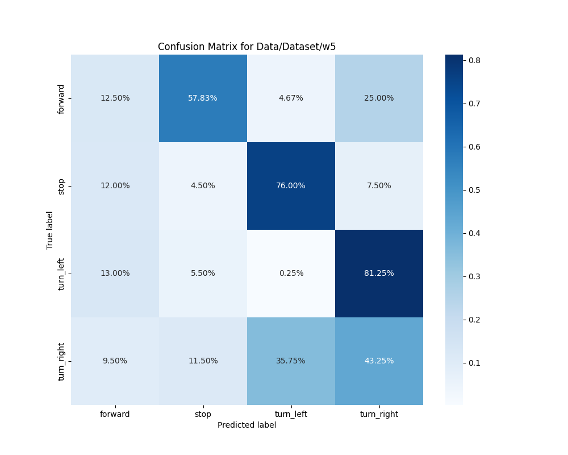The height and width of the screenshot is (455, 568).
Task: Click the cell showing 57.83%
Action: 203,98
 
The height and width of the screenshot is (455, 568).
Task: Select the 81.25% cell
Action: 379,273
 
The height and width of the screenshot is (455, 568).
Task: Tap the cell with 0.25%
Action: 291,273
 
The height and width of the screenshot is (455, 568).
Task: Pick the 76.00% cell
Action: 291,185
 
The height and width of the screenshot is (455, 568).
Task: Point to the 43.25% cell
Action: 379,361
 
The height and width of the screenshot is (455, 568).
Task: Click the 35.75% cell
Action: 291,361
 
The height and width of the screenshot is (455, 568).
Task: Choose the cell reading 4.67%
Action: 291,98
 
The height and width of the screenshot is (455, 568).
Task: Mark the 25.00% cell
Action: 379,98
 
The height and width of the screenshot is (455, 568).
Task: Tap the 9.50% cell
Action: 115,361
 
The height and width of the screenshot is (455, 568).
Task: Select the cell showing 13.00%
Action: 115,273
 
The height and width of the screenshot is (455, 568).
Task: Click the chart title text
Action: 247,47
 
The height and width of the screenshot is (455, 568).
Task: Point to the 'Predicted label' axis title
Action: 247,425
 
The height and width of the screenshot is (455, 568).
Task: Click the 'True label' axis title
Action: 50,230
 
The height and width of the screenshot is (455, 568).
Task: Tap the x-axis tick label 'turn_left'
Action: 291,414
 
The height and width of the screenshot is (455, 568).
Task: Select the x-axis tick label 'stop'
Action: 203,414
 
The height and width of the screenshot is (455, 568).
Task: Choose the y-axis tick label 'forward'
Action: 61,98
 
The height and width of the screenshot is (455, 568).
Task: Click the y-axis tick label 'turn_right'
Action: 61,361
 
